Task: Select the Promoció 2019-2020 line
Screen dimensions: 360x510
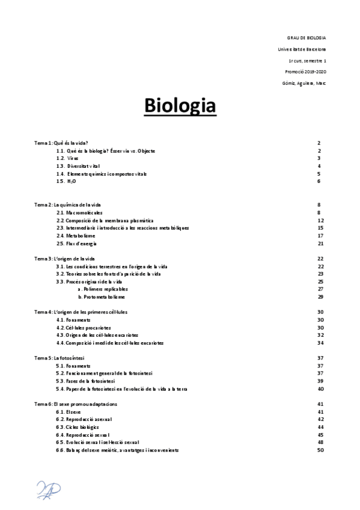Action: click(x=306, y=72)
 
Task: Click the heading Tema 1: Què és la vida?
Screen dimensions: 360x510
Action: click(x=62, y=143)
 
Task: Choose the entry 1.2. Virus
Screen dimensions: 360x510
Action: click(x=68, y=158)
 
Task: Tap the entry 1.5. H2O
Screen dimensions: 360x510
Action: click(x=66, y=181)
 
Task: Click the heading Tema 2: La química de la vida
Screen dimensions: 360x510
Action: click(x=69, y=205)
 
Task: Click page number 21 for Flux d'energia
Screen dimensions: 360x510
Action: click(x=320, y=244)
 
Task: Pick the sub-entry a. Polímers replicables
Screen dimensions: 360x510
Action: click(x=103, y=289)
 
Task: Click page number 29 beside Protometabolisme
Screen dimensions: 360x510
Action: click(x=320, y=297)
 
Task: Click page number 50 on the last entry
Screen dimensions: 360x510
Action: click(x=320, y=450)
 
